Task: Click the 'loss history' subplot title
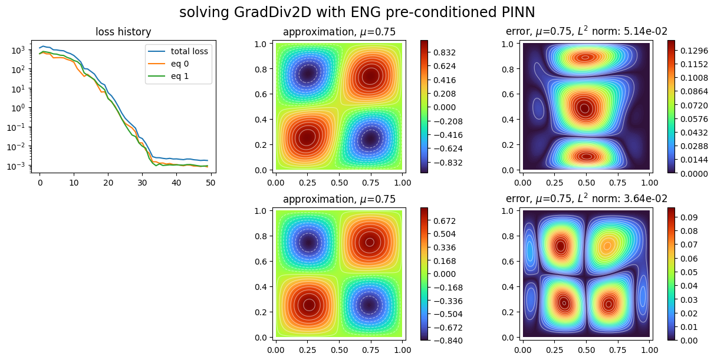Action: [123, 33]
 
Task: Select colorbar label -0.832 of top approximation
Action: [449, 163]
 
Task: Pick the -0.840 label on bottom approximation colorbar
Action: [449, 341]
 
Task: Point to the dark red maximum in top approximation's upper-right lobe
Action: [370, 75]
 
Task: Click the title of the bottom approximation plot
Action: [339, 199]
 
